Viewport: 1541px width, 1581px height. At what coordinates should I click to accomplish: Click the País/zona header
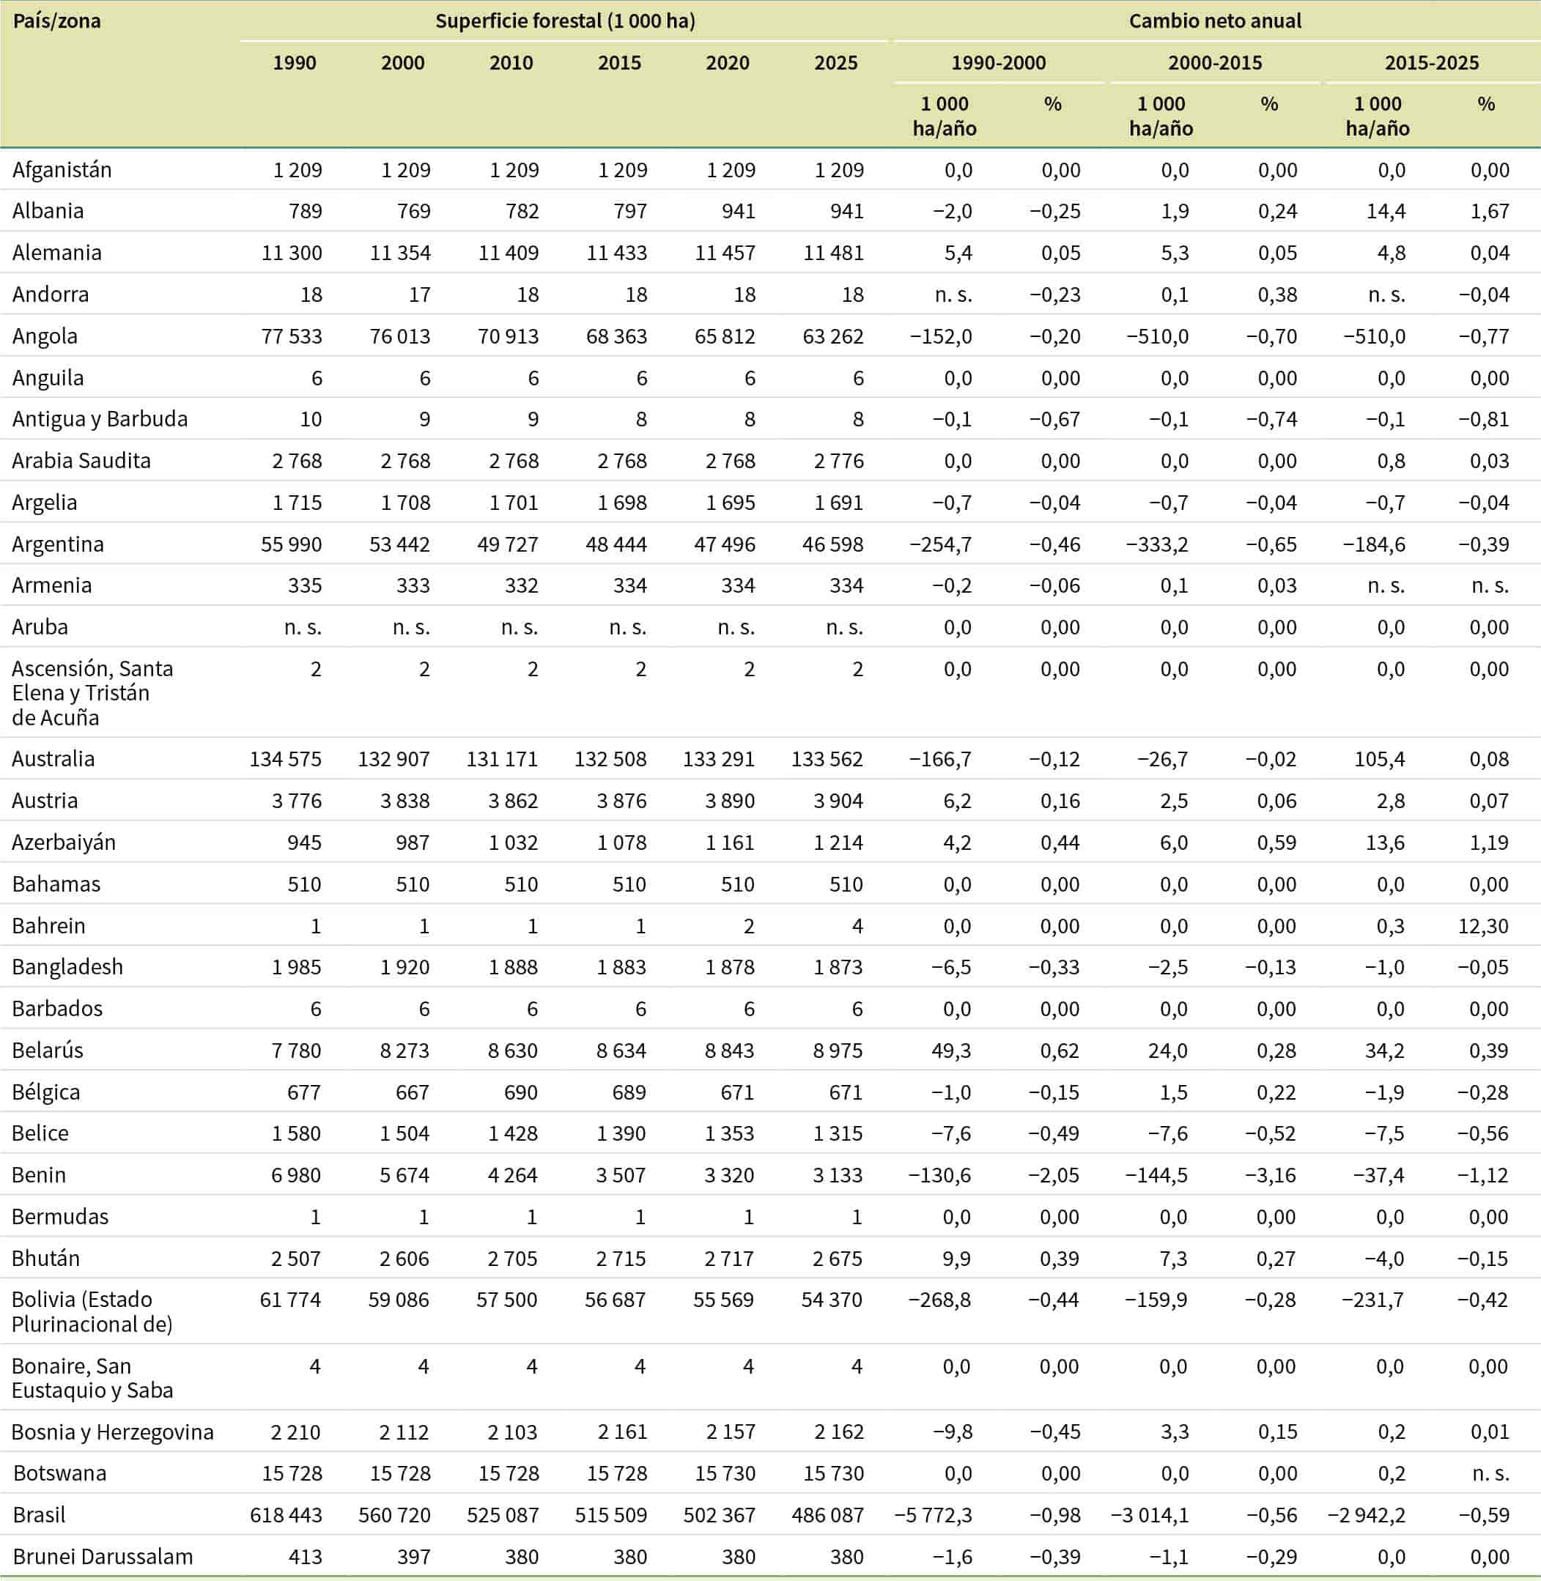pos(56,21)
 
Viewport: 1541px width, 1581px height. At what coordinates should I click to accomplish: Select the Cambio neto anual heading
pos(1214,21)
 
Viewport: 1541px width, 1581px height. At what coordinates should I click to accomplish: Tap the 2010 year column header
pos(511,63)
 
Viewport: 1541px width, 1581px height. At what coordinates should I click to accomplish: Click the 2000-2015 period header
pos(1214,63)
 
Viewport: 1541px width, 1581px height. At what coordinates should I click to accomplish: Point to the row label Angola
pos(45,336)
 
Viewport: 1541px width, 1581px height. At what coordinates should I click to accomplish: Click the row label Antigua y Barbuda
pos(100,419)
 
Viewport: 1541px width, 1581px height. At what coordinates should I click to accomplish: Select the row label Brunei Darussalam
pos(103,1557)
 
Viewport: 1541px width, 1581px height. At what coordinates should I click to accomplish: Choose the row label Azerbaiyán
pos(64,843)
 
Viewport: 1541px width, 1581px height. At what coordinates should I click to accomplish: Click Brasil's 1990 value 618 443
pos(286,1516)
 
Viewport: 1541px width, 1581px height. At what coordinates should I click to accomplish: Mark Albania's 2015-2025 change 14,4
pos(1386,211)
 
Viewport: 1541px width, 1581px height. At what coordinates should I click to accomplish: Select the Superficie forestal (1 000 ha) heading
pos(565,21)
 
